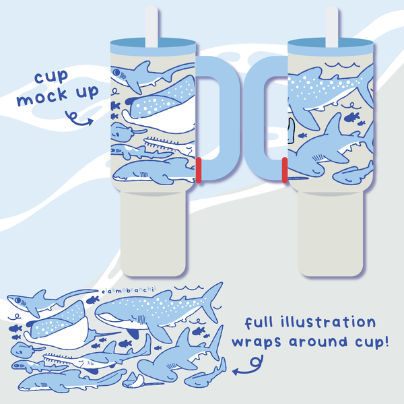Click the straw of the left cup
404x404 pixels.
(x=151, y=24)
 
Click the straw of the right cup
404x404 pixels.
(x=333, y=24)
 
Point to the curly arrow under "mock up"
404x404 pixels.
(x=80, y=121)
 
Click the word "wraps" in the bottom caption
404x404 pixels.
(x=258, y=341)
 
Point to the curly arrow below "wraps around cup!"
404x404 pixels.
(x=247, y=368)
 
